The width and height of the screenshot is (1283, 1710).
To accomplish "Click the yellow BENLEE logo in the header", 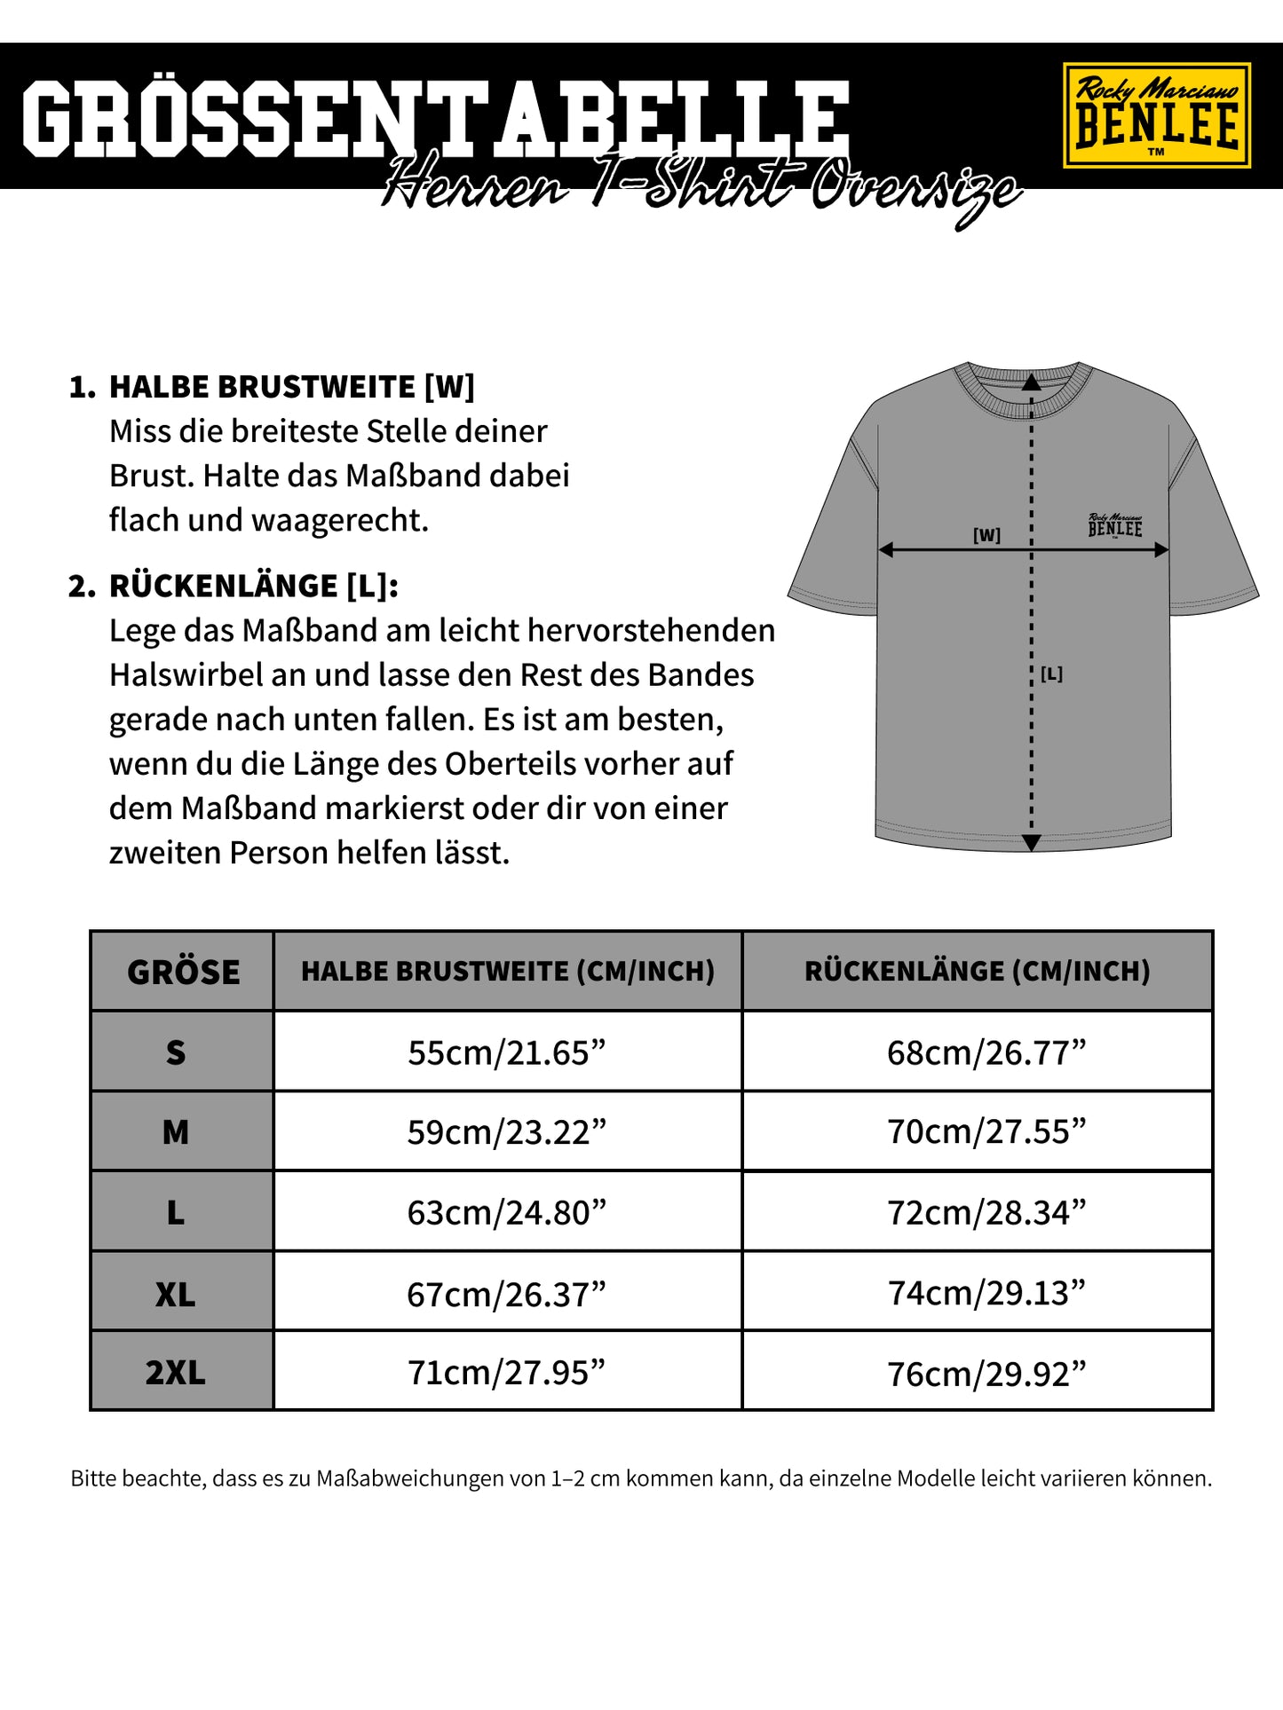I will coord(1156,115).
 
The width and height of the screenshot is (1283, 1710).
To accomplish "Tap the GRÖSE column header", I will coord(183,972).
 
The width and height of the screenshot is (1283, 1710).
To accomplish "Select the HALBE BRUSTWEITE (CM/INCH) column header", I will coord(508,971).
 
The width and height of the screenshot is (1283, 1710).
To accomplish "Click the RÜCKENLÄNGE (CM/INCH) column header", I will coord(977,971).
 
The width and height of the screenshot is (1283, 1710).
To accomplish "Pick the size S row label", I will coord(176,1052).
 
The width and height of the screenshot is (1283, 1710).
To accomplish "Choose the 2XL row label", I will coord(176,1373).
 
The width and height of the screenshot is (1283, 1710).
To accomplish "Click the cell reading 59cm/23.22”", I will coord(507,1132).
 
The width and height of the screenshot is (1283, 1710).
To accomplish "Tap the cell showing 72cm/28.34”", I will coord(986,1212).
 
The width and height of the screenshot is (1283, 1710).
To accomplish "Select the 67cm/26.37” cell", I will coord(507,1294).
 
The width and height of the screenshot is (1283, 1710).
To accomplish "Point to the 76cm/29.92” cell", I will coord(986,1374).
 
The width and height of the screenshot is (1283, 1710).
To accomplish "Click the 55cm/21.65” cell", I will coord(507,1052).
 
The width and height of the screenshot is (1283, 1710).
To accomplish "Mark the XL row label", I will coord(176,1295).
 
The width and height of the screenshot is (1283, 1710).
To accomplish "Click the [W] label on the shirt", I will coord(986,535).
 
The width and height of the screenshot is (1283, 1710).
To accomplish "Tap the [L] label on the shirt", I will coord(1051,674).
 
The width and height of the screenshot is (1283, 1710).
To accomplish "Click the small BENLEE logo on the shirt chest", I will coord(1115,525).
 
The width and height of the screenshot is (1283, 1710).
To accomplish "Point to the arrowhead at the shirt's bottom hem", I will coord(1031,843).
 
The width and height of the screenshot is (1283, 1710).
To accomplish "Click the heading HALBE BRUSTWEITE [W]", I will coord(291,387).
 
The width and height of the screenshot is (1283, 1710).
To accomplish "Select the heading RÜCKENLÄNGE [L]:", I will coord(253,586).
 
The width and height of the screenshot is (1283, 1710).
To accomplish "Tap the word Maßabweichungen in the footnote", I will coord(410,1478).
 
